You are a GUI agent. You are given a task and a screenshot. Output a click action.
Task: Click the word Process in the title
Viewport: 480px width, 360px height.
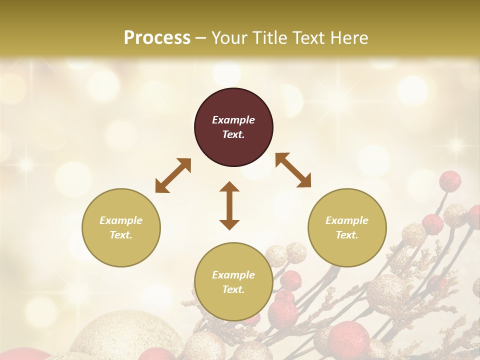click(157, 38)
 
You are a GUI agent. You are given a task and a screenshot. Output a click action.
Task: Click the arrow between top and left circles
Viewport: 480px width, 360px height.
click(173, 175)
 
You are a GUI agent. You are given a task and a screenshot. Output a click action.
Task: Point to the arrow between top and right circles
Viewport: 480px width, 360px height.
click(293, 170)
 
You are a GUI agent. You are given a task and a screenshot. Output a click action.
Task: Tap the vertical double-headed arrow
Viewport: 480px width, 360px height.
click(229, 205)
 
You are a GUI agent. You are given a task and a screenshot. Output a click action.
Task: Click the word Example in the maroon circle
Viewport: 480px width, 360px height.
click(233, 120)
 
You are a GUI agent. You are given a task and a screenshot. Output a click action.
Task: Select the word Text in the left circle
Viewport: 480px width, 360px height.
click(121, 235)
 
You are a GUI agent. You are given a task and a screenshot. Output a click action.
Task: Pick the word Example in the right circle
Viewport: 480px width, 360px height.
click(347, 220)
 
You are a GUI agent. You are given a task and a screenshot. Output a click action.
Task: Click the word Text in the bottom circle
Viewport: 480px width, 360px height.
click(233, 289)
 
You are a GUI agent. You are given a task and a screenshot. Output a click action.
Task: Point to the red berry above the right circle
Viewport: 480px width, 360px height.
click(450, 181)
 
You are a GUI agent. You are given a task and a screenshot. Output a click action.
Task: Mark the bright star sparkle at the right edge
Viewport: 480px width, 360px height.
click(455, 145)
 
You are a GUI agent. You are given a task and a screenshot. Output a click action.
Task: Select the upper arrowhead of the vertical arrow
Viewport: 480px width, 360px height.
click(229, 187)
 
